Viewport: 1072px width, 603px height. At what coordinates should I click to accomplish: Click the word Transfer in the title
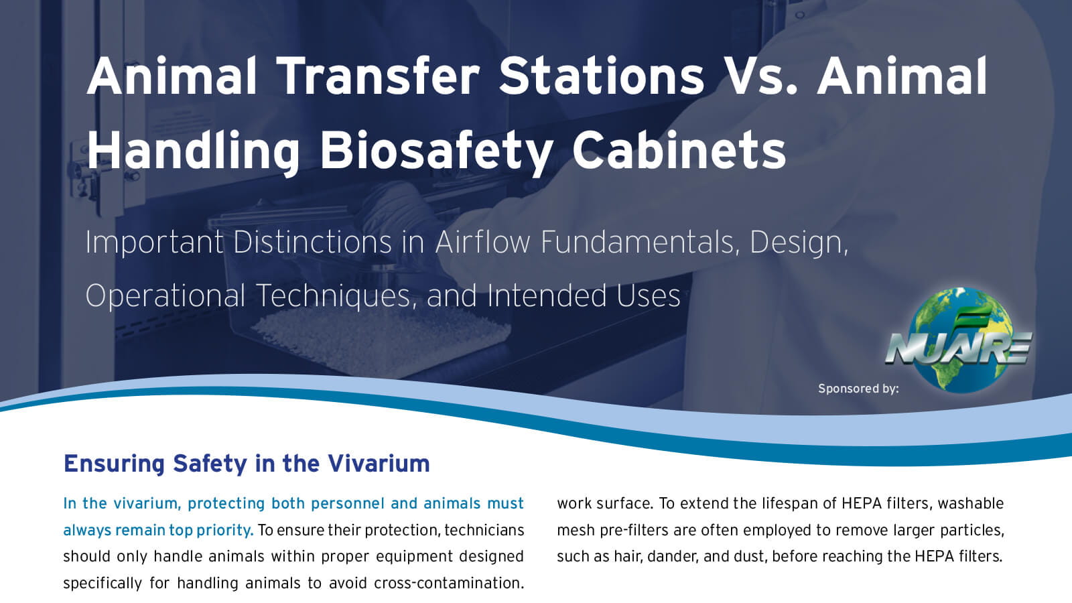click(x=378, y=76)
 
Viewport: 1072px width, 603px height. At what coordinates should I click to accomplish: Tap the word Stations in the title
click(x=601, y=76)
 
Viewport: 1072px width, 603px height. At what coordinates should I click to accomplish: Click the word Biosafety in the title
click(x=436, y=150)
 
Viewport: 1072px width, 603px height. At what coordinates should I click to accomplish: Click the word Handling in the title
click(x=193, y=150)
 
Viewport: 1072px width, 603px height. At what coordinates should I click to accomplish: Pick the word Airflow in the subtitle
click(x=482, y=242)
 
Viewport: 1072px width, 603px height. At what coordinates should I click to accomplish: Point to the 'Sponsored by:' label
click(x=858, y=389)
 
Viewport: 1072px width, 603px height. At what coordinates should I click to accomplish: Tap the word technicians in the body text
click(x=484, y=530)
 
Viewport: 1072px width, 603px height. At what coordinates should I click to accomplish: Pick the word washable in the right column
click(x=971, y=503)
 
